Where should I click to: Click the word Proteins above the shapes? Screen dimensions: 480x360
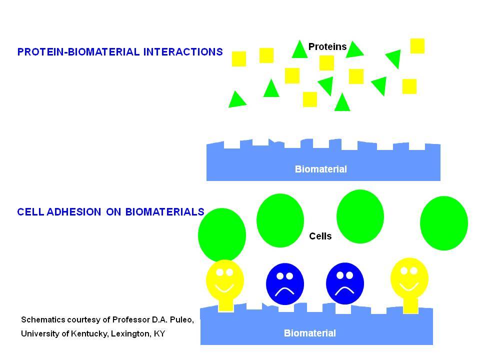[327, 46]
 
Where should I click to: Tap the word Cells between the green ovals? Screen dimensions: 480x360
[320, 236]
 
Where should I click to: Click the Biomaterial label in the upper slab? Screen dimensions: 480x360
[321, 169]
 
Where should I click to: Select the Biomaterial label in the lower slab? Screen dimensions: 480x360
[310, 333]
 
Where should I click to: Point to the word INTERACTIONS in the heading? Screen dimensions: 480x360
[183, 51]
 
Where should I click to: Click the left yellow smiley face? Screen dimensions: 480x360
[225, 285]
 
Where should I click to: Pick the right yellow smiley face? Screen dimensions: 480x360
[409, 284]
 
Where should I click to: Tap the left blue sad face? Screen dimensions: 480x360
[285, 284]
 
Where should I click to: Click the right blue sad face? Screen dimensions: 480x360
[345, 283]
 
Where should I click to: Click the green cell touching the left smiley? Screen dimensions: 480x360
[222, 235]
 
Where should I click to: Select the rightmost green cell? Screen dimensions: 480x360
[444, 223]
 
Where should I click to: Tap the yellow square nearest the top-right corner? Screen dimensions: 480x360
[417, 46]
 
